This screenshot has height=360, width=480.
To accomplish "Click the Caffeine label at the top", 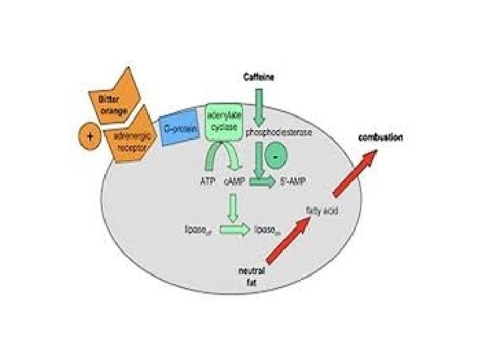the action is click(x=257, y=77).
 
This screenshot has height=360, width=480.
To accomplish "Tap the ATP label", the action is click(x=207, y=181).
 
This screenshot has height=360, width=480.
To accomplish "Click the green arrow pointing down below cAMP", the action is click(x=233, y=206).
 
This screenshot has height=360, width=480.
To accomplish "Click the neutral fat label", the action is click(x=253, y=276).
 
